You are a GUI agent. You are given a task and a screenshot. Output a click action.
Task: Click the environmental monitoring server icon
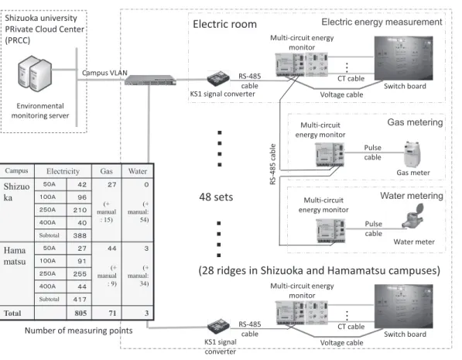coord(35,74)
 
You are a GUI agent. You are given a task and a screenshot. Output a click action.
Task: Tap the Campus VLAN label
coord(104,73)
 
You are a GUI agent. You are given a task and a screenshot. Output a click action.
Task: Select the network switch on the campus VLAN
coord(150,80)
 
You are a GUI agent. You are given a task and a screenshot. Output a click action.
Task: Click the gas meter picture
coord(412,155)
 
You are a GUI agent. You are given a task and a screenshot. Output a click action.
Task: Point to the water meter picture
coord(413,217)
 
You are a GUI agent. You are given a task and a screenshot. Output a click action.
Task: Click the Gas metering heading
coord(415,122)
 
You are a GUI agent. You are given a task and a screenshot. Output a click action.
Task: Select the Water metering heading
coord(412,196)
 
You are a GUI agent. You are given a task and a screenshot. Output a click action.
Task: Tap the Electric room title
coord(225,24)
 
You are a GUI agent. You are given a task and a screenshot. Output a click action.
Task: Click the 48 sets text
coord(216,197)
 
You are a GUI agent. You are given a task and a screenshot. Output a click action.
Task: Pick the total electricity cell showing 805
coord(80,313)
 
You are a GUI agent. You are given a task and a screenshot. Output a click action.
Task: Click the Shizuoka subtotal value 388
coord(80,235)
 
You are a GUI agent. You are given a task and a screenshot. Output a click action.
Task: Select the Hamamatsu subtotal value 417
coord(80,300)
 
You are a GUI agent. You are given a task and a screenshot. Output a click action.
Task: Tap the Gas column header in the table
coord(106,171)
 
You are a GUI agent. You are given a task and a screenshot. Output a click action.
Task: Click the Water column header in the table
coord(138,171)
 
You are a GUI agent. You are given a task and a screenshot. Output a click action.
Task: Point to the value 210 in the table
coord(80,210)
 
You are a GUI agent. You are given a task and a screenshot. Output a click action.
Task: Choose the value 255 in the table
coord(80,274)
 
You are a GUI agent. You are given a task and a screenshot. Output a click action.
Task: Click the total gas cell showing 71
coord(112,313)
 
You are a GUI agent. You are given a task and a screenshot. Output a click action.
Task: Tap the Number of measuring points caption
coord(78,331)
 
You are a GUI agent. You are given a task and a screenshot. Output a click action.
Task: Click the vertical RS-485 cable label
coord(272,164)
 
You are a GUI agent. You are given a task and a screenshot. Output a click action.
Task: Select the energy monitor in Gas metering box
coord(330,155)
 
